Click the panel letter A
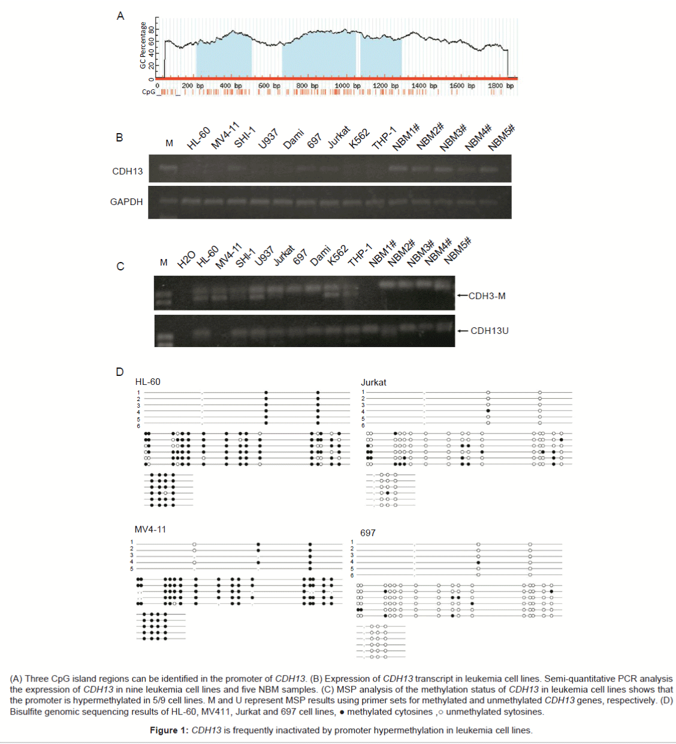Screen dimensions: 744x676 point(120,16)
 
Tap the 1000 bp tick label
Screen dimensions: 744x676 point(348,86)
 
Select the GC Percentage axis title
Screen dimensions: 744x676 point(143,46)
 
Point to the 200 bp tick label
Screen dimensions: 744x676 point(192,86)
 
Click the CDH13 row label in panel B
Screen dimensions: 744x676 point(128,171)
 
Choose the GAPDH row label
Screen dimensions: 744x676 point(126,202)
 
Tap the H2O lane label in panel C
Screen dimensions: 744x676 point(186,259)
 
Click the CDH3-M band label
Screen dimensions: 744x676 point(487,296)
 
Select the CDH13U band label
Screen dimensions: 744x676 point(489,331)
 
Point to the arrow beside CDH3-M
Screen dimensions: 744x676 point(461,296)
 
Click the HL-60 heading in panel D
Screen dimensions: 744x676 point(148,382)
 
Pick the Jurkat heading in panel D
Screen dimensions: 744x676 point(373,382)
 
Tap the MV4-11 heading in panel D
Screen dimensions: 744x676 point(150,529)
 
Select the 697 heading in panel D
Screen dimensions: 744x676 point(368,533)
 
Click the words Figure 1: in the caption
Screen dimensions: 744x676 point(169,730)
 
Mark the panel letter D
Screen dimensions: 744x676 point(120,372)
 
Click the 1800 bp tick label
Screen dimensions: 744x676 point(500,86)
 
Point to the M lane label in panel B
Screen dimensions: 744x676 point(169,143)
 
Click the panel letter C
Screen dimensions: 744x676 point(120,267)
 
